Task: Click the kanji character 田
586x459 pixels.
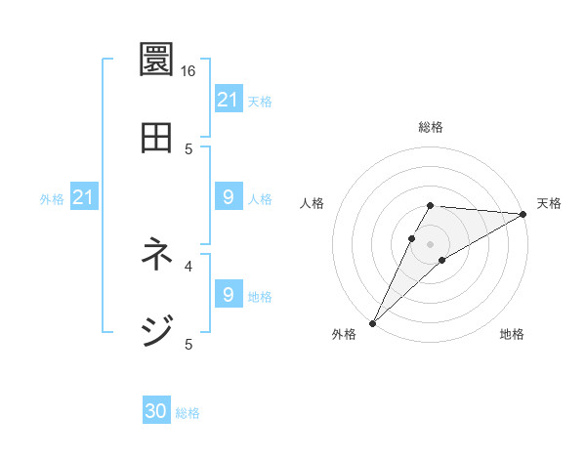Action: pyautogui.click(x=156, y=138)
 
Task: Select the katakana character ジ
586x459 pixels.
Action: pyautogui.click(x=156, y=330)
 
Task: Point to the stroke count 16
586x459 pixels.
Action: pyautogui.click(x=188, y=71)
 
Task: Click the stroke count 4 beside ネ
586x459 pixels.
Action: pyautogui.click(x=188, y=265)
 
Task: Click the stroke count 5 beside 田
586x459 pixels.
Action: pyautogui.click(x=188, y=148)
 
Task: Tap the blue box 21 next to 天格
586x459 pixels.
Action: pyautogui.click(x=228, y=100)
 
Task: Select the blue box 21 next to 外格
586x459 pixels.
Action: pyautogui.click(x=83, y=198)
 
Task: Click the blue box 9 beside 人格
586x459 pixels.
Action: pyautogui.click(x=228, y=198)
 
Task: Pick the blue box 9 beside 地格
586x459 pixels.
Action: pyautogui.click(x=228, y=295)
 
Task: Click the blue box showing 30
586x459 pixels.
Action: pyautogui.click(x=156, y=412)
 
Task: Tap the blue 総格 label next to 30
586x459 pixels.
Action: pyautogui.click(x=188, y=413)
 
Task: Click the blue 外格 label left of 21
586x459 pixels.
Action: pyautogui.click(x=52, y=199)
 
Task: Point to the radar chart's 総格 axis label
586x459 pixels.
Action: pyautogui.click(x=431, y=127)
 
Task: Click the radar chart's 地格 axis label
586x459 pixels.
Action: pyautogui.click(x=512, y=334)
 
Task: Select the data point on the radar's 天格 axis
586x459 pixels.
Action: pyautogui.click(x=523, y=214)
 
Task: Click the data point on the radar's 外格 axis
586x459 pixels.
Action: pyautogui.click(x=372, y=322)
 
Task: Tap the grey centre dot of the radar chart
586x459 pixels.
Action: pyautogui.click(x=430, y=243)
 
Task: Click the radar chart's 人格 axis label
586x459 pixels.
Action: pyautogui.click(x=313, y=203)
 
